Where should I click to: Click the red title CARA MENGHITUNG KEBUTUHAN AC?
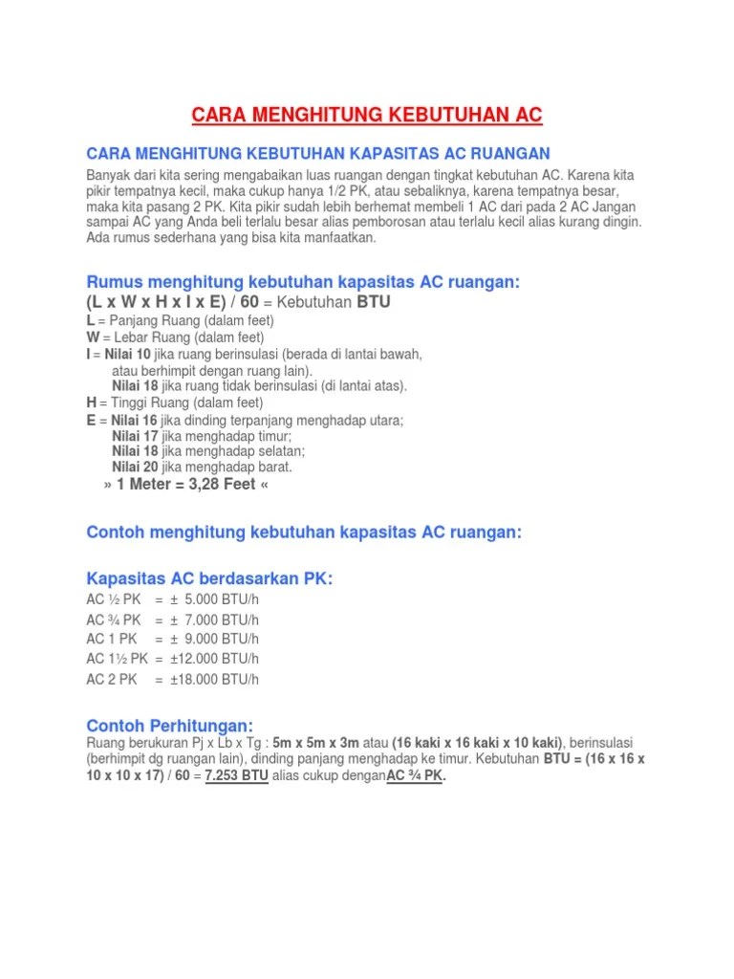point(367,116)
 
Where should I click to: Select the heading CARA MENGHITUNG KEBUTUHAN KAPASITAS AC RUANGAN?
point(318,154)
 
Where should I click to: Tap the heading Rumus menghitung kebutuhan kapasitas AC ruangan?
point(303,283)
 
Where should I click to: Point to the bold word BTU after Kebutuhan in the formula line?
point(374,302)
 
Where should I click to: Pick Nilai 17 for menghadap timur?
point(136,436)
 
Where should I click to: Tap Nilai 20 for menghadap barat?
point(136,468)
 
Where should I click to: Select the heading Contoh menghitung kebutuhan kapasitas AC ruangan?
point(304,533)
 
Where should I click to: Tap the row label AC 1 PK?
point(112,639)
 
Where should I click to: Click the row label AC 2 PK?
point(112,680)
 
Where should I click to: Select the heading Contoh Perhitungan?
point(170,726)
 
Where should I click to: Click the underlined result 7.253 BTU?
point(237,776)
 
